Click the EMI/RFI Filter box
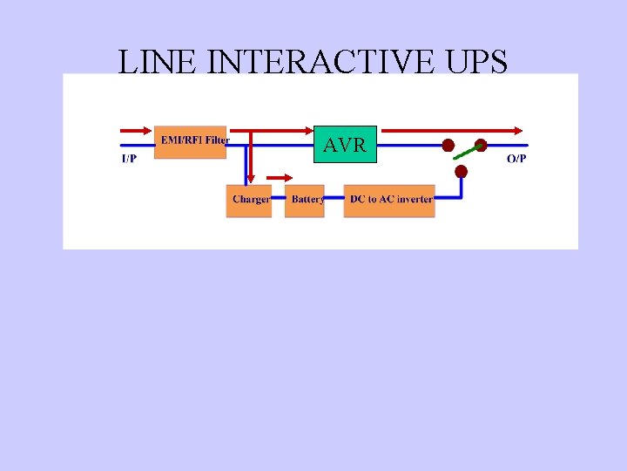point(191,140)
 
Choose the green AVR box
point(345,145)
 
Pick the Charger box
point(249,201)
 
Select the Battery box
point(305,201)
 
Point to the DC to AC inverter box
point(389,201)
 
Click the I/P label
point(129,159)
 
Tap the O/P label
point(516,159)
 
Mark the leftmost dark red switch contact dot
point(448,145)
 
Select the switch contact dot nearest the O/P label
point(480,145)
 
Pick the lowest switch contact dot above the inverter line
point(461,172)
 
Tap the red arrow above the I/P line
point(136,131)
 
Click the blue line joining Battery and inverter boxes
point(334,201)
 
